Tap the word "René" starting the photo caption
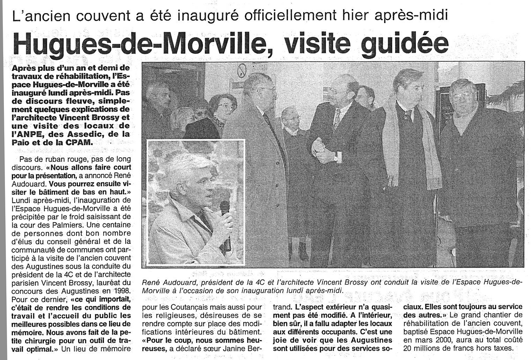pos(151,282)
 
